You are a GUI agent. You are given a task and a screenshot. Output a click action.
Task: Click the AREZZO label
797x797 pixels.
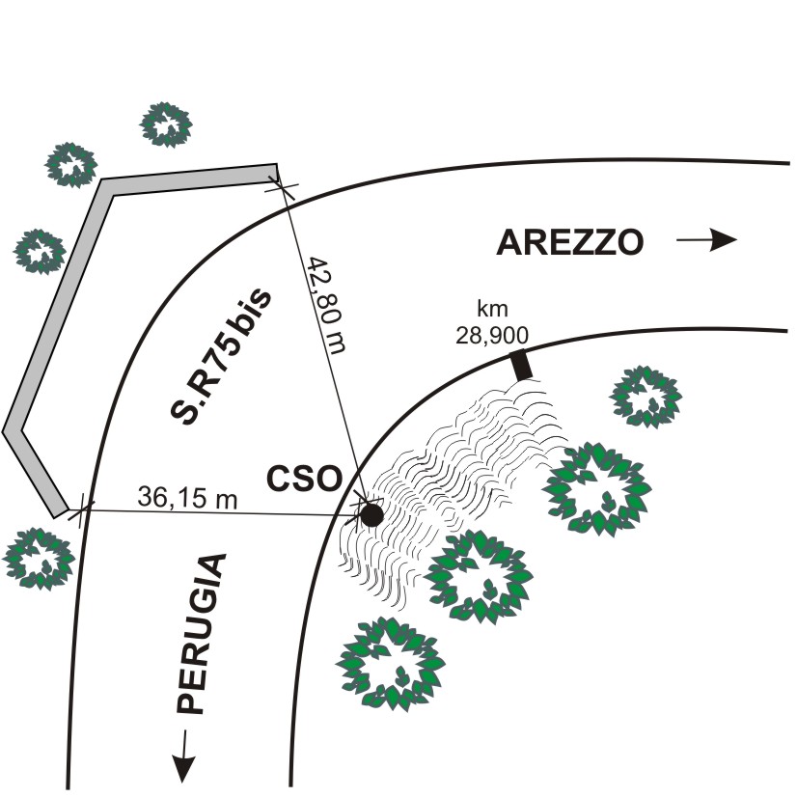click(569, 242)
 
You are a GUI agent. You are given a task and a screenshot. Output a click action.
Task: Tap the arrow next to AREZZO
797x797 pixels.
click(706, 241)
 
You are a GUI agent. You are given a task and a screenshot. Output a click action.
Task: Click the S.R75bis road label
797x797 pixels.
click(222, 356)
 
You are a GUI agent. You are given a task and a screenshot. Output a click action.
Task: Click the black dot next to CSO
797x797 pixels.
click(371, 515)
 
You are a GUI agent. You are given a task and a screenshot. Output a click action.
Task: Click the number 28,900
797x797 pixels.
click(486, 333)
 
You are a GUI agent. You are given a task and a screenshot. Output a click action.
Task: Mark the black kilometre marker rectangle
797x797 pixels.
click(521, 366)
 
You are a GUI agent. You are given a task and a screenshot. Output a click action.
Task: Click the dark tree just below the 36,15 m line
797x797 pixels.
click(39, 557)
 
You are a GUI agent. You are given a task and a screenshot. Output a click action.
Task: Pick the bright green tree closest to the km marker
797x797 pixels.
click(595, 487)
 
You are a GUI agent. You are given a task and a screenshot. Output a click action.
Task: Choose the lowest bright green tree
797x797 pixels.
click(392, 664)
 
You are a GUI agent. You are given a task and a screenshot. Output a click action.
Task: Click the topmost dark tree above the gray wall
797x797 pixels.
click(166, 123)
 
